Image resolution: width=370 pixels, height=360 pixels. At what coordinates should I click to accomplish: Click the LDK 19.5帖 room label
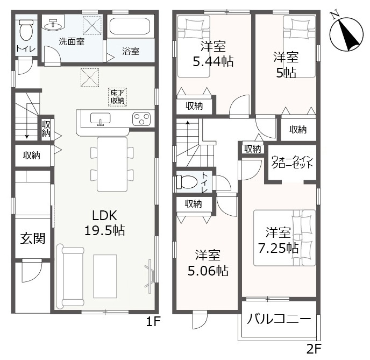(105, 223)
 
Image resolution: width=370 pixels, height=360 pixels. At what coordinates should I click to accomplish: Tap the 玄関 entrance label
(33, 238)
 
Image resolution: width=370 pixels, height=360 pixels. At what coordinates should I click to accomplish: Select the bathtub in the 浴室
(130, 26)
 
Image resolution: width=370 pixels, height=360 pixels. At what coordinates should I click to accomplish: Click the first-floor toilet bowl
(26, 30)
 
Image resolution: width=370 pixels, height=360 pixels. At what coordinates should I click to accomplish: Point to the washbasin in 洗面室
(53, 25)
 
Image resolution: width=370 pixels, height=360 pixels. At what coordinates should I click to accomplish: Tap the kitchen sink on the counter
(101, 118)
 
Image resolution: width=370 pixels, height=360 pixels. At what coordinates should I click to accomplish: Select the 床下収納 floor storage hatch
(118, 97)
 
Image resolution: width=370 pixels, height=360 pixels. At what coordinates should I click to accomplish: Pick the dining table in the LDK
(112, 164)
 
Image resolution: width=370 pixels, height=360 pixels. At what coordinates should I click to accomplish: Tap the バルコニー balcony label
(279, 319)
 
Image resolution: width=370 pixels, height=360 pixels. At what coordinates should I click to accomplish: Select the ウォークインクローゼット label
(292, 162)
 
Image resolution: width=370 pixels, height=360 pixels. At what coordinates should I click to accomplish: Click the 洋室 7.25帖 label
(278, 241)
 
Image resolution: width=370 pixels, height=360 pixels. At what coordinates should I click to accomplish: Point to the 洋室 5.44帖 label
(213, 54)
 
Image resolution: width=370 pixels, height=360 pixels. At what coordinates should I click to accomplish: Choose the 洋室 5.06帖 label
(208, 263)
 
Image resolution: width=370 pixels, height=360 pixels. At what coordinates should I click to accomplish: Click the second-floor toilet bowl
(187, 181)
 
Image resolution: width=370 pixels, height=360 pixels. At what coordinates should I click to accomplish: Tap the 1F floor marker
(153, 321)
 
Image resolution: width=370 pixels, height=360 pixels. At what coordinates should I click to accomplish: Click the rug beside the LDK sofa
(105, 276)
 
